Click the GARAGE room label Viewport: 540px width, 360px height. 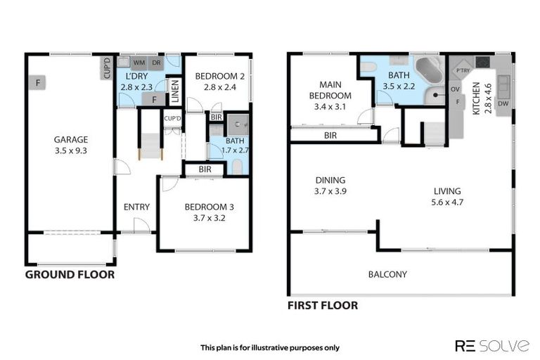click(71, 139)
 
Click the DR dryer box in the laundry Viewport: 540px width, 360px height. click(156, 63)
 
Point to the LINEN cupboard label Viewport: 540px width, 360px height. click(175, 91)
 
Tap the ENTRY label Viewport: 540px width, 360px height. click(136, 207)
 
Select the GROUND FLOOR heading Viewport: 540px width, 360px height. click(70, 275)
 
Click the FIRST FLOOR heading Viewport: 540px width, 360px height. click(323, 305)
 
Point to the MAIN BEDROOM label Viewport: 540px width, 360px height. click(330, 90)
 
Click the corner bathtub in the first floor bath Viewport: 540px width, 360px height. click(428, 72)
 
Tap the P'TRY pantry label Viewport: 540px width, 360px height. click(463, 70)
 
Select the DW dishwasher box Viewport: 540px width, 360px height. click(502, 104)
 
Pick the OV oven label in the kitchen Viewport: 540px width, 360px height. click(455, 89)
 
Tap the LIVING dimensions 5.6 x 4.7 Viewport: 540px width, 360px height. click(446, 202)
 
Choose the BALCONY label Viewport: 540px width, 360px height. click(387, 274)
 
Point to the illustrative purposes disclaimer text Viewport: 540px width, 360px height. click(270, 347)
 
